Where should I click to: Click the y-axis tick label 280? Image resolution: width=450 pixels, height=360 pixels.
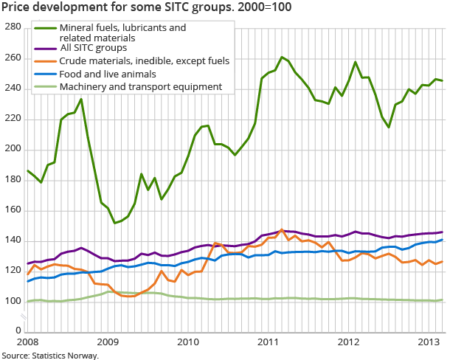12,27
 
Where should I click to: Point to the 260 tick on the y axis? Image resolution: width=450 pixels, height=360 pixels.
12,58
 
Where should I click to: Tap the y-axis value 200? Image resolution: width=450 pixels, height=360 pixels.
12,149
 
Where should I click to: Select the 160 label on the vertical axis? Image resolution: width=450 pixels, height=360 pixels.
12,210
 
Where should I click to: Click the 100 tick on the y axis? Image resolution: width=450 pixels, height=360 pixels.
12,302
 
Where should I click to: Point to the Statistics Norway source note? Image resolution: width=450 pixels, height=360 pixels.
50,355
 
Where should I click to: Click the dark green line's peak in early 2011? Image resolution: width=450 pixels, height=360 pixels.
282,57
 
